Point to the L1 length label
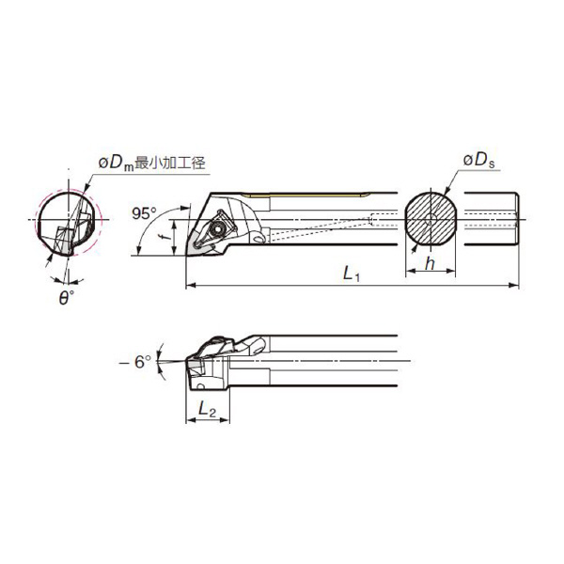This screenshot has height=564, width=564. (x=352, y=274)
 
